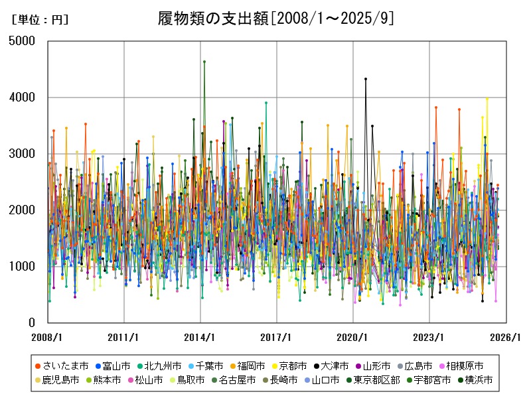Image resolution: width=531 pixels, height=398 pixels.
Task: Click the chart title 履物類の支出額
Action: (275, 18)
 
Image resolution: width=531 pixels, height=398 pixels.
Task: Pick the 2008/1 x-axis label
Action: (48, 337)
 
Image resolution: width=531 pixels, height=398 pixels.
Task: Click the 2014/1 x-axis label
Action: (200, 337)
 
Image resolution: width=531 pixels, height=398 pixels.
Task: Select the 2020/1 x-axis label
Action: (353, 337)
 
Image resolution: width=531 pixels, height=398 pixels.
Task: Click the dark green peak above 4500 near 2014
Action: (204, 62)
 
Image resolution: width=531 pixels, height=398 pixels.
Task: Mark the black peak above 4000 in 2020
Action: (366, 79)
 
